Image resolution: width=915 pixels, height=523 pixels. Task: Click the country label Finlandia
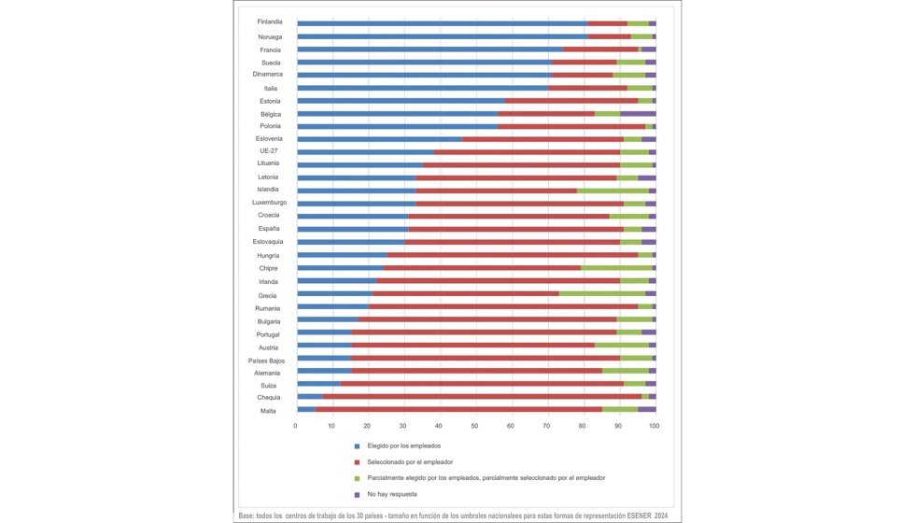point(270,21)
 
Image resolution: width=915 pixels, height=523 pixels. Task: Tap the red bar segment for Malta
point(458,410)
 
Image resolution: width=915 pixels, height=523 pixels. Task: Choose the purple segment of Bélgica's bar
point(638,113)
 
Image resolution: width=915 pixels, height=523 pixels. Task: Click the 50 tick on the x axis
point(475,426)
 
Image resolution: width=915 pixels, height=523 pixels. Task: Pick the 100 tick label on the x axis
point(654,426)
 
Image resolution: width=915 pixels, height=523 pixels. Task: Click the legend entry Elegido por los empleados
point(403,446)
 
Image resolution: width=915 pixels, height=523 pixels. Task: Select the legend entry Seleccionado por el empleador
point(410,462)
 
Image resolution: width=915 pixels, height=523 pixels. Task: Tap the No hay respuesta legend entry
point(392,494)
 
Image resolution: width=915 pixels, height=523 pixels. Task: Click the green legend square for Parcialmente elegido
point(357,478)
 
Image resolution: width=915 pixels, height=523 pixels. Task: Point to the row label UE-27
point(268,150)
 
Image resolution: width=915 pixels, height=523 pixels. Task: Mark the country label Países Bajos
point(266,360)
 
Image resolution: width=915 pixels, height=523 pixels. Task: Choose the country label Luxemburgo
point(269,203)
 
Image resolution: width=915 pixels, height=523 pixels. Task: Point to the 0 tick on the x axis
point(296,426)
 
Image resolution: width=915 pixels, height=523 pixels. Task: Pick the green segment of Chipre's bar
point(616,268)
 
